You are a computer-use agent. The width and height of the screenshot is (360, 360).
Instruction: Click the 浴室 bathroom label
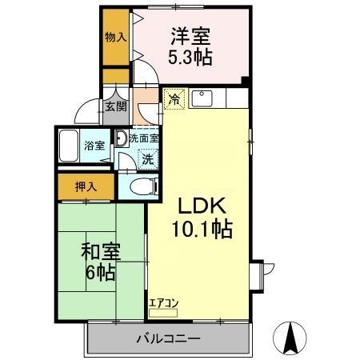94,146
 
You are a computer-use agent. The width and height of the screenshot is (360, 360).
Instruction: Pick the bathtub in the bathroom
70,146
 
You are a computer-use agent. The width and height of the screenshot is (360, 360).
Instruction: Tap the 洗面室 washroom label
144,138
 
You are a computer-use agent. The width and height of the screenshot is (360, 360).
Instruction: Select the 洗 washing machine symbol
147,158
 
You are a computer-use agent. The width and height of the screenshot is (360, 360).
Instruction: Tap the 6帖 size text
101,274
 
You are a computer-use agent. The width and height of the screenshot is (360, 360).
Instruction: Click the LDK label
199,204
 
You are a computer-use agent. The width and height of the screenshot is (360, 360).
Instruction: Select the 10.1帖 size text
199,230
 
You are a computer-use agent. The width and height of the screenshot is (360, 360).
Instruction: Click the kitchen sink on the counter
203,99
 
